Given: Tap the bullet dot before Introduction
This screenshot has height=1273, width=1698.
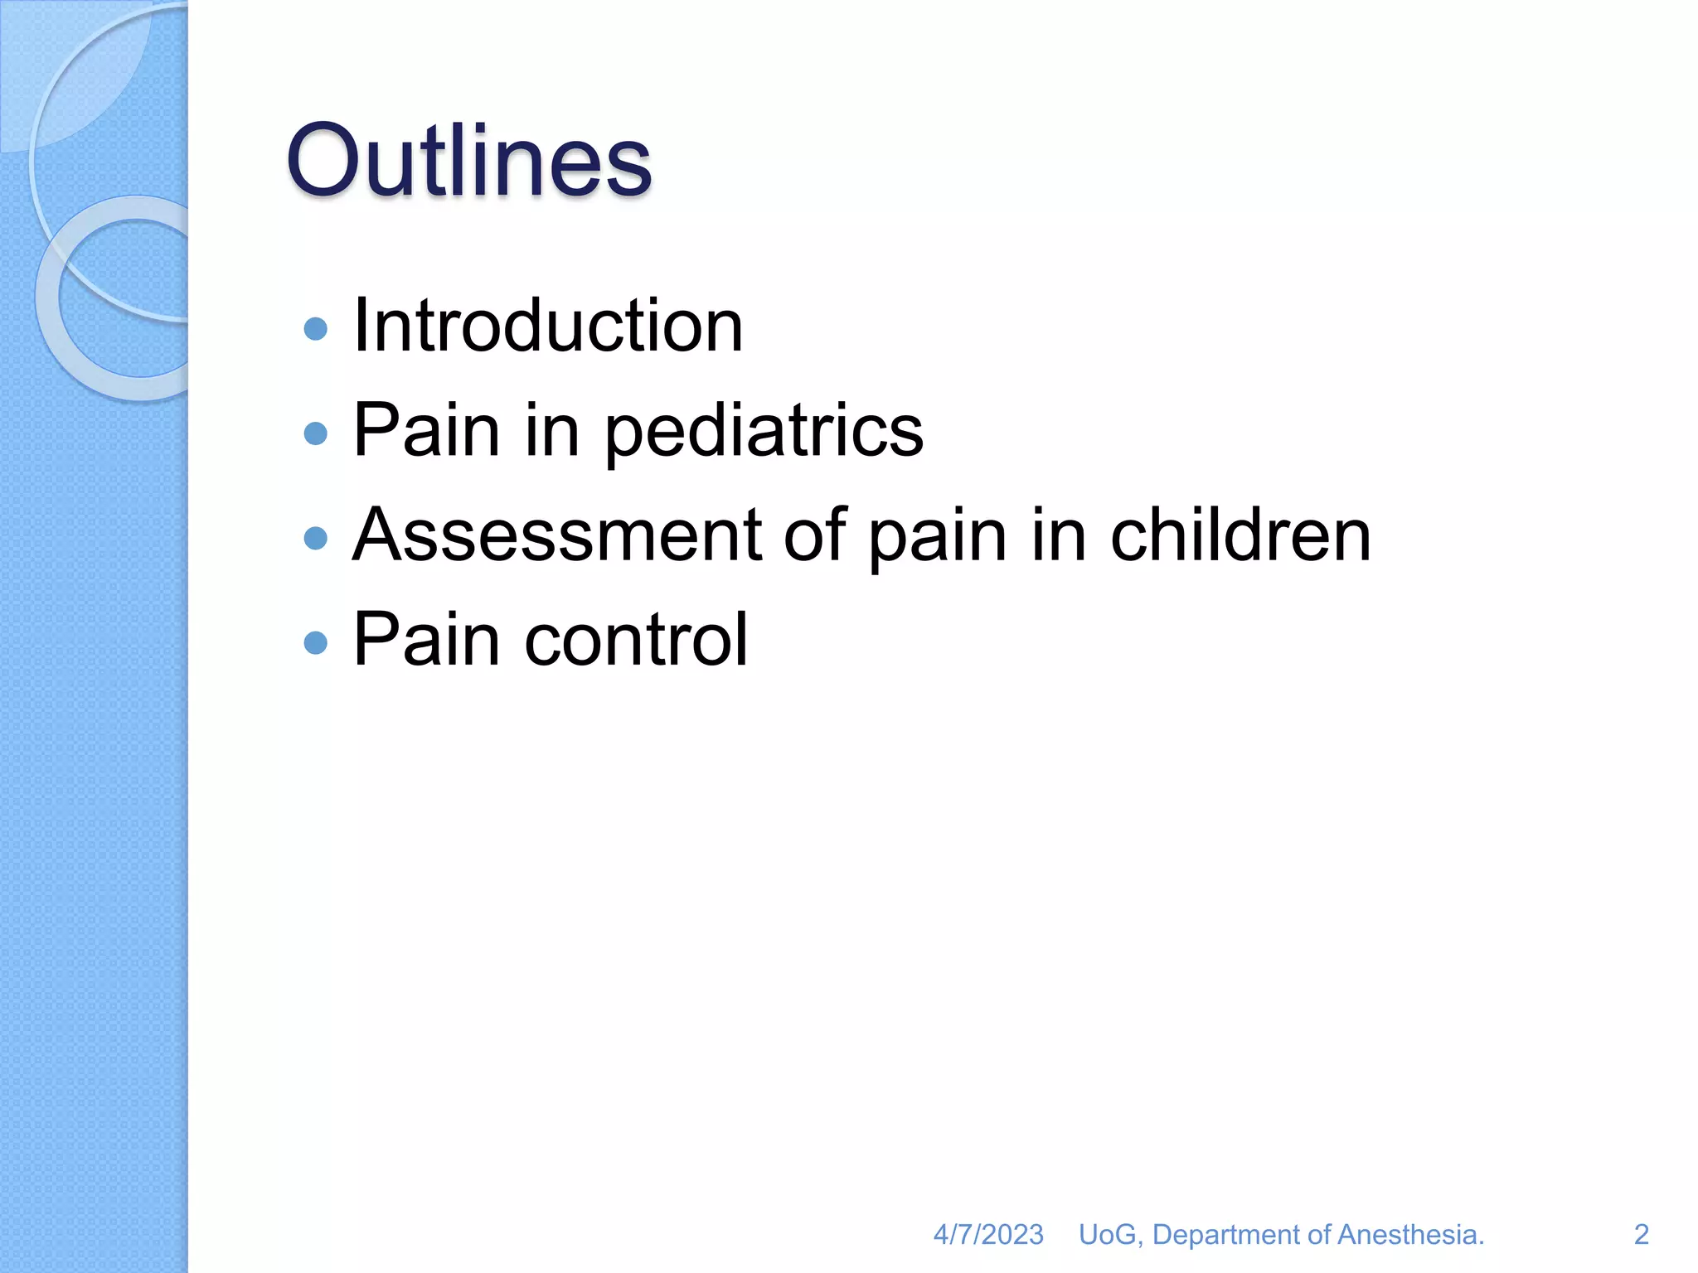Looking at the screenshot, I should point(316,329).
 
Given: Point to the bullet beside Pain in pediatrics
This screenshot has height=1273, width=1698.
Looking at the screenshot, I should point(316,433).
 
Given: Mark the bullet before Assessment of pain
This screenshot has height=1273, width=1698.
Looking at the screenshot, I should point(316,539).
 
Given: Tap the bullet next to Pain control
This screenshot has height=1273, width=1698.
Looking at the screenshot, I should point(316,642).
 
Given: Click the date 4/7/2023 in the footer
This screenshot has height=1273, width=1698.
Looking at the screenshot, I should point(988,1234).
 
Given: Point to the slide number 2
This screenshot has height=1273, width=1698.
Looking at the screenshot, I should point(1641,1234).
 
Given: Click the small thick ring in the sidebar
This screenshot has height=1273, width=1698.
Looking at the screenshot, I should point(50,298).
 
